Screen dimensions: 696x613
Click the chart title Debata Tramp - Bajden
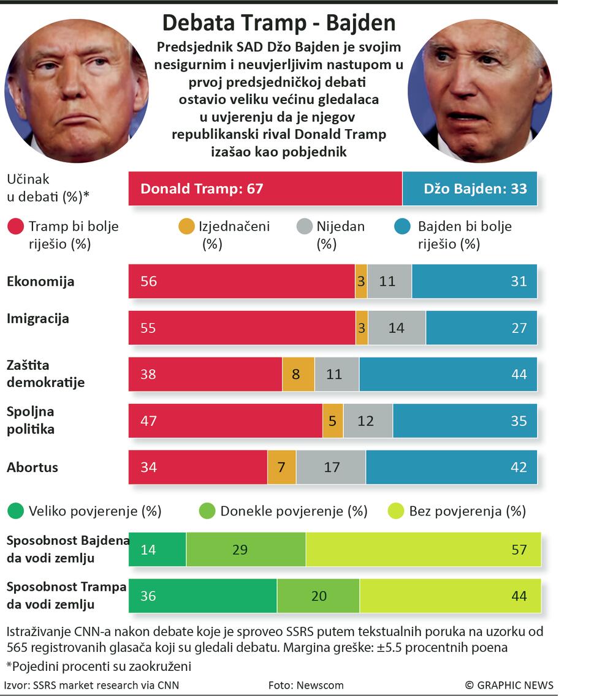coord(278,23)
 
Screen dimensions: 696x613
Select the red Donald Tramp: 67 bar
coord(265,189)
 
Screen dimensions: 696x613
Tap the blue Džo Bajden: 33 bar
coord(470,189)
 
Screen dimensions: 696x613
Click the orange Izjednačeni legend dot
coord(186,226)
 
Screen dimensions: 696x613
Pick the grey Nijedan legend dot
coord(305,226)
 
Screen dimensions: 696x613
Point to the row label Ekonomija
coord(40,282)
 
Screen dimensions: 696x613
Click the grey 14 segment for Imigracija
coord(397,328)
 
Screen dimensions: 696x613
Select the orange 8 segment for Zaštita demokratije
coord(298,374)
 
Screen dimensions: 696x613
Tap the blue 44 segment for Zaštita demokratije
coord(448,374)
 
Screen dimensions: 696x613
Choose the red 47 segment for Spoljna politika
coord(225,421)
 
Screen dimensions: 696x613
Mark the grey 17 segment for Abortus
coord(331,467)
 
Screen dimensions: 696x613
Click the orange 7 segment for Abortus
coord(281,467)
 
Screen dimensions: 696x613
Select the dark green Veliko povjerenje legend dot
coord(17,511)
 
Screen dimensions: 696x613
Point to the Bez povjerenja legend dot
coord(397,511)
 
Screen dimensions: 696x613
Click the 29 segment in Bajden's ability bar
coord(246,550)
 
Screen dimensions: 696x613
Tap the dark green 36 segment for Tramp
coord(202,596)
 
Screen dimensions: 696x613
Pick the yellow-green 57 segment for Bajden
coord(423,550)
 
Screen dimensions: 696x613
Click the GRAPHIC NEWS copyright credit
coord(509,685)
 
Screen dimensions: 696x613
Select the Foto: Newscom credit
coord(306,685)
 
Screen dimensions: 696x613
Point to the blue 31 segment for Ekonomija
coord(474,282)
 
